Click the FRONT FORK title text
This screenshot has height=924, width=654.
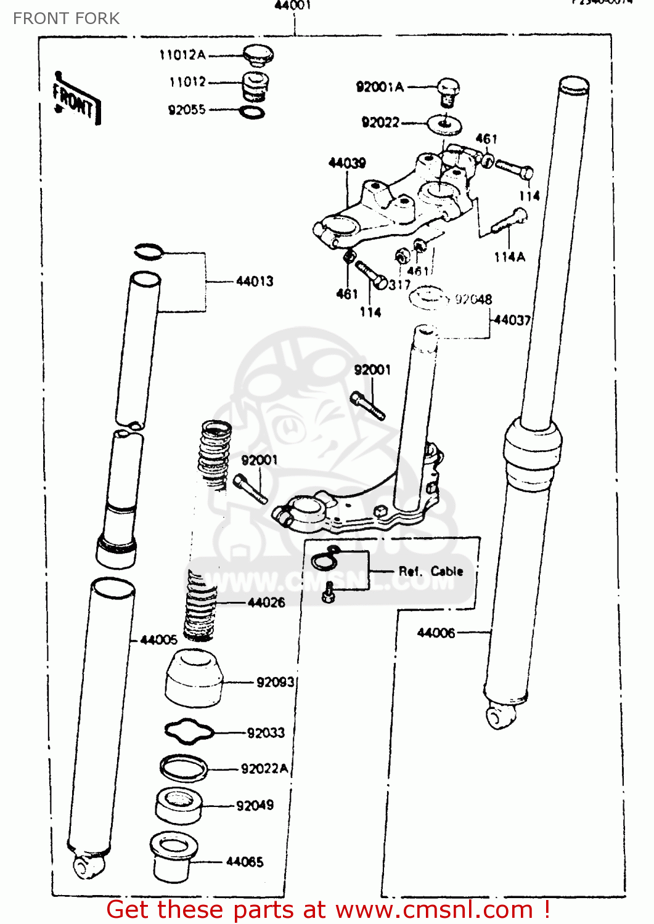[66, 18]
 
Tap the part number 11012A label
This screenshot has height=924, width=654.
[182, 55]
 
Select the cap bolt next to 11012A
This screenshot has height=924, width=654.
[258, 55]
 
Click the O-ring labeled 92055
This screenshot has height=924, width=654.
[251, 112]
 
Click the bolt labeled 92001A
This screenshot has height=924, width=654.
[448, 92]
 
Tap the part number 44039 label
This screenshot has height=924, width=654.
[347, 163]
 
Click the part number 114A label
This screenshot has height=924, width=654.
[509, 257]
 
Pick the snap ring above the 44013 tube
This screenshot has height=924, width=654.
[149, 251]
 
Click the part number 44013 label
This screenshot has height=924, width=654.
[255, 282]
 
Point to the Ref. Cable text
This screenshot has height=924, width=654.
[430, 572]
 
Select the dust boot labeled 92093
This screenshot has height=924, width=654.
[194, 679]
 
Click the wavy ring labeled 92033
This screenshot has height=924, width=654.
[189, 731]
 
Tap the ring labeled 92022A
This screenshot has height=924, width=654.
[183, 768]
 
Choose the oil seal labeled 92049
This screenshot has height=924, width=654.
[179, 805]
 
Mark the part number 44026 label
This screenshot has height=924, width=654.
[266, 602]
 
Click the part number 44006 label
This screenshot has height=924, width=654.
[436, 633]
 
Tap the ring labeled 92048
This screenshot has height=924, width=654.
[429, 298]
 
